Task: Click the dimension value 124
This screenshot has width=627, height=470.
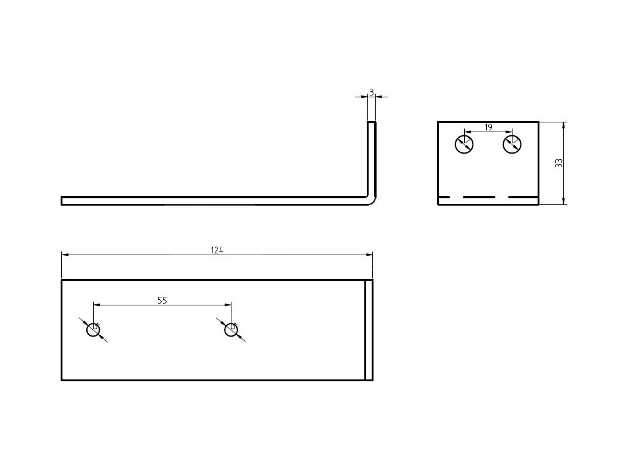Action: (x=217, y=250)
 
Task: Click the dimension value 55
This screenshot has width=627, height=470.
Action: (x=162, y=300)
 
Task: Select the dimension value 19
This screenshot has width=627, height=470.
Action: (x=488, y=127)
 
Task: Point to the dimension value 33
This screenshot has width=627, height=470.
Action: (x=558, y=163)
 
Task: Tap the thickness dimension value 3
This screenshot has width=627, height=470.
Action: (x=372, y=92)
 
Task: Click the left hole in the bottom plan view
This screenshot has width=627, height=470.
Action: (x=93, y=330)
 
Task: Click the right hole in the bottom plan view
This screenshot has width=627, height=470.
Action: (x=231, y=330)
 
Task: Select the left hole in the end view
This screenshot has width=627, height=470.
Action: (x=464, y=145)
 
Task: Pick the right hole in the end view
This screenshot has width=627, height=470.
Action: (x=511, y=145)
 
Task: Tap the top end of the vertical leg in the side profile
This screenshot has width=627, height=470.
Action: (x=372, y=123)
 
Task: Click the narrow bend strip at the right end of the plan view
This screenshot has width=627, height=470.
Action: (x=369, y=330)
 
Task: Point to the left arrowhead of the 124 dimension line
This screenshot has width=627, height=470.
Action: (x=64, y=255)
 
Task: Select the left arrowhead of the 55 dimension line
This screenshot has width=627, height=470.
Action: (x=96, y=304)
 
